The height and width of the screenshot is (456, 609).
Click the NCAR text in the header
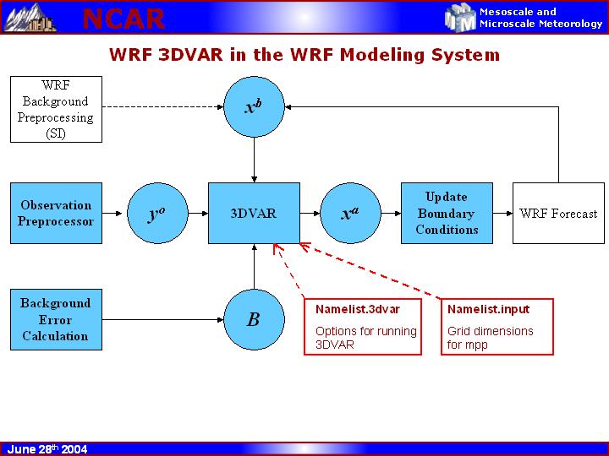(123, 18)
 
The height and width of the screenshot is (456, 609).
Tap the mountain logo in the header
(30, 17)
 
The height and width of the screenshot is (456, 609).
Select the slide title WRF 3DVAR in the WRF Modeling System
(304, 56)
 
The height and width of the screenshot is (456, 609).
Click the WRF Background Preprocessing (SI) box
(56, 109)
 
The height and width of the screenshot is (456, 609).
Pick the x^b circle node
(255, 108)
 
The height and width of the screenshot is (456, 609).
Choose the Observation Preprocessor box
(56, 213)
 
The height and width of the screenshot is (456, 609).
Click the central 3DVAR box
(254, 214)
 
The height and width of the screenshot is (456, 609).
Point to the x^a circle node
(349, 214)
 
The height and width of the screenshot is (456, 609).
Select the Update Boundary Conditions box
(447, 213)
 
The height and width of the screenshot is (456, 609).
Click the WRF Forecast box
(558, 214)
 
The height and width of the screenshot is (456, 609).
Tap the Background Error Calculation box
(56, 319)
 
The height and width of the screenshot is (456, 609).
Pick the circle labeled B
(254, 319)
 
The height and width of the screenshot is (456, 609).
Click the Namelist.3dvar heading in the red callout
(346, 309)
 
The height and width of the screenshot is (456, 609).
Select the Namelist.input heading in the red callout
(477, 309)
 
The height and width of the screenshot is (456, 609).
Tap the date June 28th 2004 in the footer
(47, 449)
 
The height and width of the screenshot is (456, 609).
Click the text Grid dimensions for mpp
(491, 338)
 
